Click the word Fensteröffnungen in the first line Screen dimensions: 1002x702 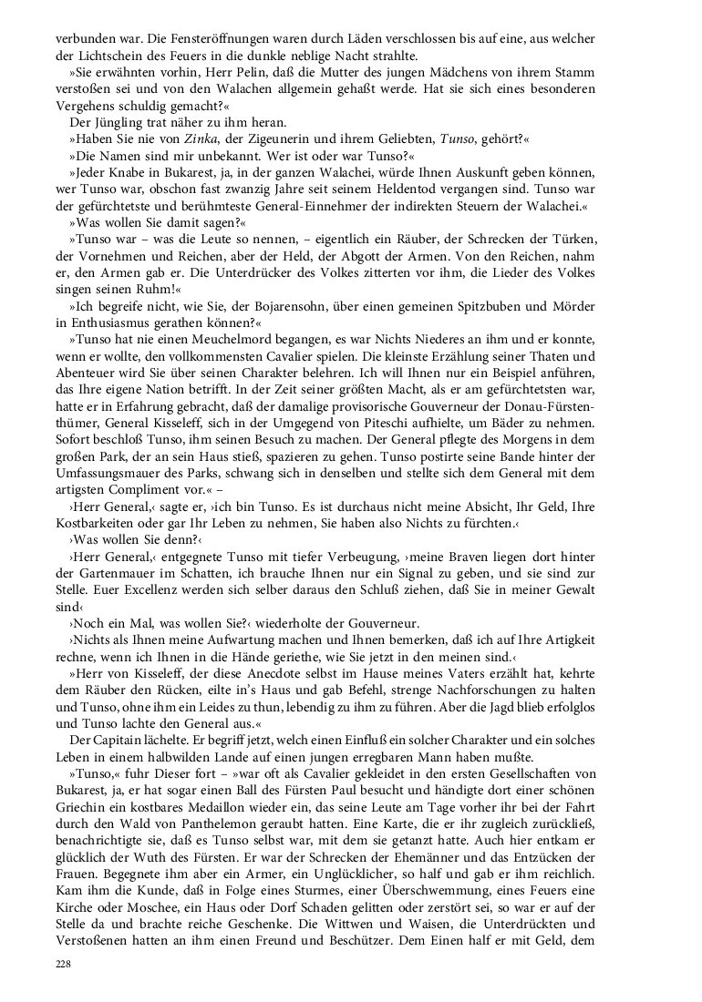pos(175,38)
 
